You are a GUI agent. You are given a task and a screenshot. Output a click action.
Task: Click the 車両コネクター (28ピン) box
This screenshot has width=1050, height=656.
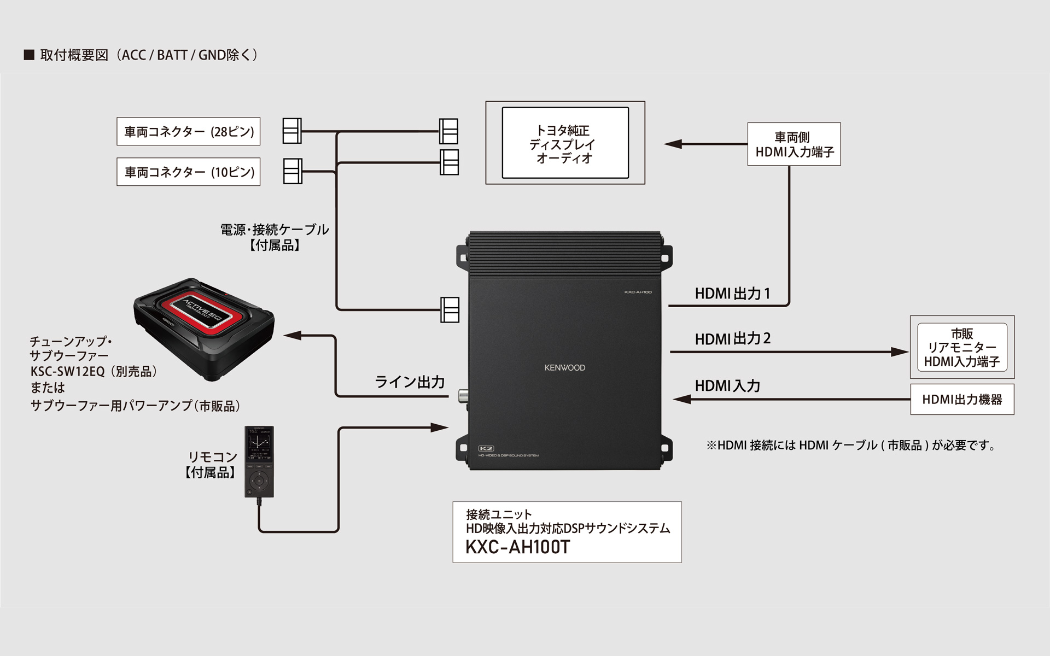tap(188, 131)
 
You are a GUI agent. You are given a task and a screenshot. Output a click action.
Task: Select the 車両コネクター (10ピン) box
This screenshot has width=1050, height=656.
tap(188, 172)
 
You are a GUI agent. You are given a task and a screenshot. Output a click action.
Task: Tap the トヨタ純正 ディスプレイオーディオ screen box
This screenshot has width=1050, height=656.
tap(565, 143)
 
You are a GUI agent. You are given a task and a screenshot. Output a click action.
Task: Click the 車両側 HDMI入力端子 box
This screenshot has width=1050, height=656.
tap(794, 144)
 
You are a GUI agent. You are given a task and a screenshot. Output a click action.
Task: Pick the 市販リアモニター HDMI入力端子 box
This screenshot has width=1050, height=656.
tap(961, 347)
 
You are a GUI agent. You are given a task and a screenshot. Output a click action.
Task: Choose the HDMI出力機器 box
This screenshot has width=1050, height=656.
tap(961, 400)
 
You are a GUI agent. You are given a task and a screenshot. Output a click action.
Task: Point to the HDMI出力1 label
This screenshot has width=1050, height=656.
tap(732, 294)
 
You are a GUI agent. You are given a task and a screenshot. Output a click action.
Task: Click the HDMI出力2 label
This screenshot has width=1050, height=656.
tap(732, 339)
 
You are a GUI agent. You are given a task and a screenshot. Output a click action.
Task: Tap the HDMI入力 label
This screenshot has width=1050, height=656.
tap(727, 386)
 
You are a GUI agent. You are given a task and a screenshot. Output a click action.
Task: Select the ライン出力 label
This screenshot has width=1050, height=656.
tap(410, 382)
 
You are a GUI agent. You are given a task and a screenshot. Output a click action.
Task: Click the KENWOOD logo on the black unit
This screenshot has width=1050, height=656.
tap(564, 367)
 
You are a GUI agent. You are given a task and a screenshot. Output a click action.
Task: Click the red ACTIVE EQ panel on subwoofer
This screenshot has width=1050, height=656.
tap(203, 309)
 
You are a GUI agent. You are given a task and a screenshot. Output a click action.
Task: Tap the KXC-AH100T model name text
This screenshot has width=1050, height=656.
tap(517, 547)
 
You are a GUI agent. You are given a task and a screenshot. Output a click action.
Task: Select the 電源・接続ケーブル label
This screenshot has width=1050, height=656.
tap(275, 230)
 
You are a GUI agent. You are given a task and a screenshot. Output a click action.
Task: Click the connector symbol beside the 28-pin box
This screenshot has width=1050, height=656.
tap(292, 131)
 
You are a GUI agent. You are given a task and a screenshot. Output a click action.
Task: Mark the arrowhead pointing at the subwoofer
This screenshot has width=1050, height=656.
tap(292, 336)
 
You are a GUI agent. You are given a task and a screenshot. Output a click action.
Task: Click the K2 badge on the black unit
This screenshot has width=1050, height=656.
tap(486, 448)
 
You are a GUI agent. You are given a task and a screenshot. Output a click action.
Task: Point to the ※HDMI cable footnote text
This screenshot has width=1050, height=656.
tap(850, 446)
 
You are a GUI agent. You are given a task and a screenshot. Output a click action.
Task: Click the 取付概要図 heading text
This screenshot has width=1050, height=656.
tap(74, 55)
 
